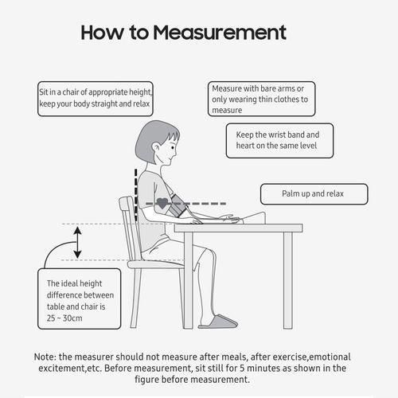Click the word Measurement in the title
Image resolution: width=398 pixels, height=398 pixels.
tap(231, 33)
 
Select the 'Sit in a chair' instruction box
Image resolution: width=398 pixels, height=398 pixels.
tap(96, 98)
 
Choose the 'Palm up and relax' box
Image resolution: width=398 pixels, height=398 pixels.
tap(314, 193)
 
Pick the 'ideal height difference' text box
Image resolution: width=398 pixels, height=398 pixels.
tap(80, 298)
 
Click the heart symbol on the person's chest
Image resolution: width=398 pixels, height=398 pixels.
tap(163, 203)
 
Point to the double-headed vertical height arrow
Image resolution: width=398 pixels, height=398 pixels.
tap(77, 243)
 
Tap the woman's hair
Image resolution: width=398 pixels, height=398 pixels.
tap(151, 139)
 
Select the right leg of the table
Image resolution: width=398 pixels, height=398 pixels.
tap(287, 279)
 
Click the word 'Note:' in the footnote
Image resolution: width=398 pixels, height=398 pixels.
tap(48, 356)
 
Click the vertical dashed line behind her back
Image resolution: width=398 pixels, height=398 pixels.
tap(136, 191)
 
